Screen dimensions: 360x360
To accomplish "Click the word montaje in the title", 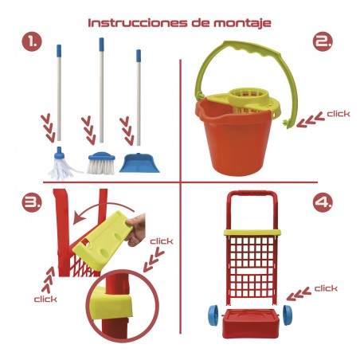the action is point(242,23).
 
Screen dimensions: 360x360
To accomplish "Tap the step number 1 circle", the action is point(32,41).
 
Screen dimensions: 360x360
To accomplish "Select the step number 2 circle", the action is point(323,41).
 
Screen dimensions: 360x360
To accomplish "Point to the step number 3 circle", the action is point(32,202).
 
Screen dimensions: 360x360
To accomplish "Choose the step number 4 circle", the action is point(323,202).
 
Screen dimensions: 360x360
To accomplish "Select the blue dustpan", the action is point(139,163).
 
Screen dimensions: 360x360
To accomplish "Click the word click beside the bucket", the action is point(338,114).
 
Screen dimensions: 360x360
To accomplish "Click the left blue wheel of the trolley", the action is point(213,315).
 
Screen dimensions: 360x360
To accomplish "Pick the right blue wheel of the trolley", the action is point(288,315).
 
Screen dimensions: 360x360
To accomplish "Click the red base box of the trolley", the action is point(251,324).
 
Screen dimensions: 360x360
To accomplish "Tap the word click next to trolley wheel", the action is point(326,288).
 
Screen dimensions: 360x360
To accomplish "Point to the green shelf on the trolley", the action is point(252,232).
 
